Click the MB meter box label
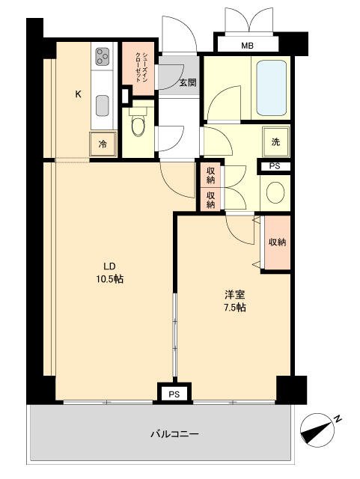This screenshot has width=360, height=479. [247, 46]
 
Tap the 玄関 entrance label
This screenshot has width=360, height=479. [188, 82]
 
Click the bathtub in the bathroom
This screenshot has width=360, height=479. [272, 88]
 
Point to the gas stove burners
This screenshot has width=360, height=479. [103, 57]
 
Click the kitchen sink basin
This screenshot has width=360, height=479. [103, 106]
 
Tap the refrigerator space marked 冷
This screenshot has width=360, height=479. [103, 144]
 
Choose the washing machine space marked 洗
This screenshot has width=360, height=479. [275, 141]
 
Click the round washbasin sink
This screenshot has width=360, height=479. [275, 192]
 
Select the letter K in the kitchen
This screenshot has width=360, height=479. [79, 94]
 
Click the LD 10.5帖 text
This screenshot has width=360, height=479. [110, 272]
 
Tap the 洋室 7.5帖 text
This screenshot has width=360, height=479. [235, 301]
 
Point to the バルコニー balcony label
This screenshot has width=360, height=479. [175, 434]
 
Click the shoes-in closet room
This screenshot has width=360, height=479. [138, 69]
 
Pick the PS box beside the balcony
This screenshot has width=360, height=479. [174, 394]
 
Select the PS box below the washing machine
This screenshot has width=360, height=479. [275, 166]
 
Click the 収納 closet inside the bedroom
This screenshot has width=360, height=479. [277, 242]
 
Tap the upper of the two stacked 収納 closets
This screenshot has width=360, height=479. [210, 175]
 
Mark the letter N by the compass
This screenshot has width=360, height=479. [338, 419]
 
